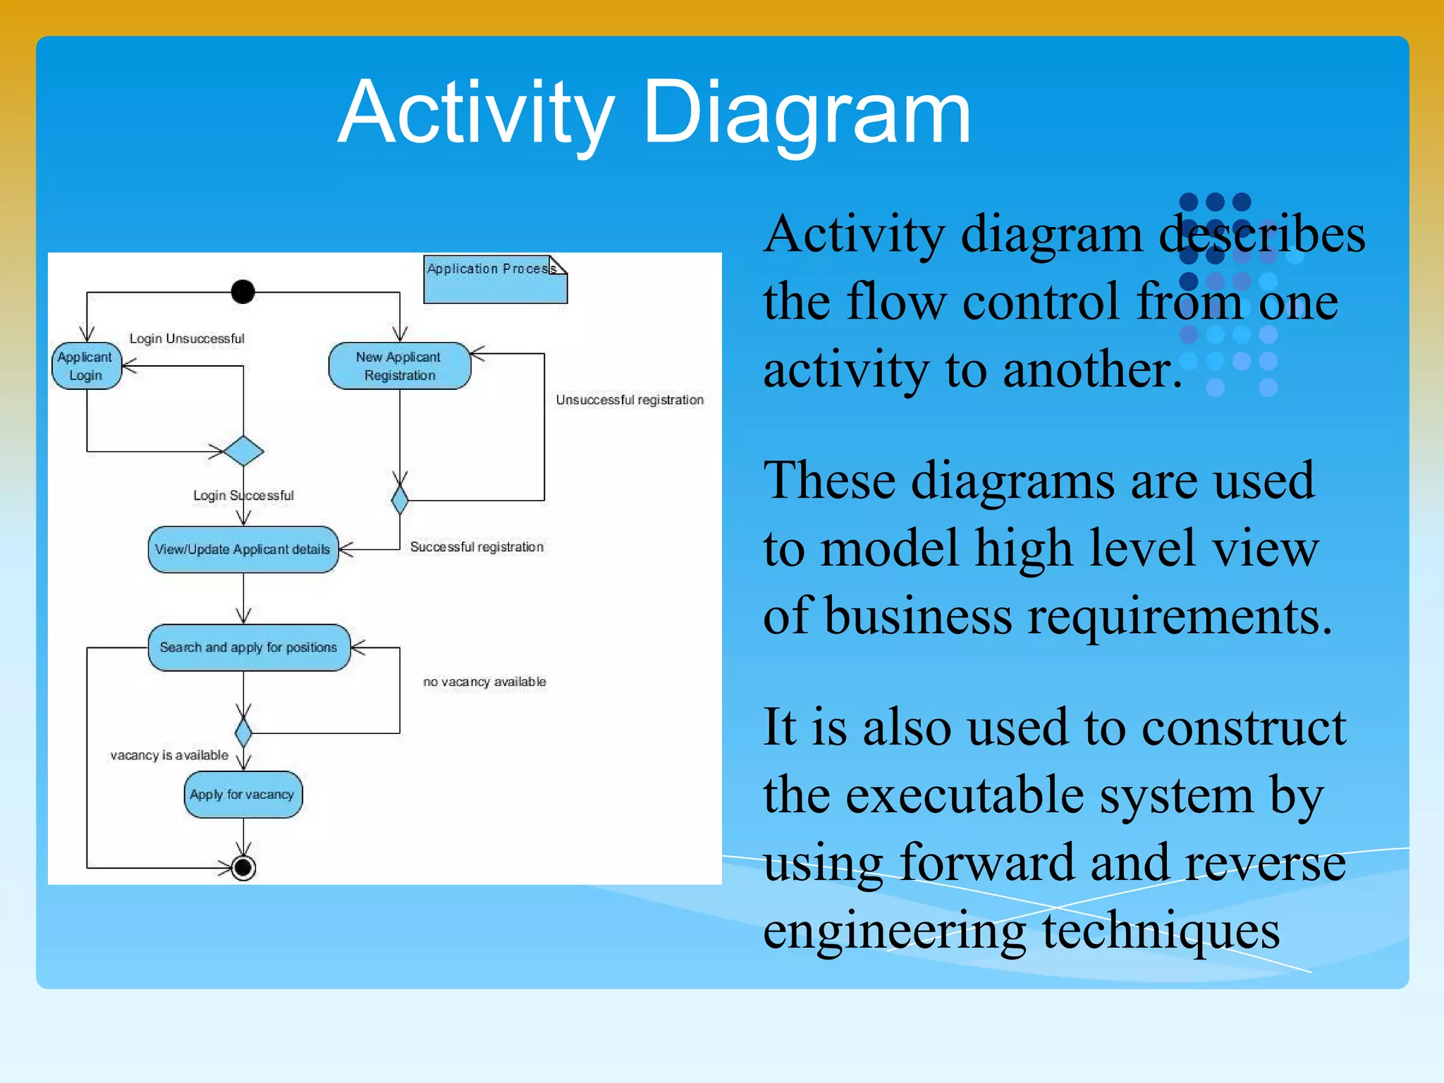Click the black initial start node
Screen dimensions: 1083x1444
click(243, 291)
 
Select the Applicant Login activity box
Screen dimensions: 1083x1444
click(86, 366)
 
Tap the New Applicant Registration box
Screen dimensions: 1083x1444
click(399, 366)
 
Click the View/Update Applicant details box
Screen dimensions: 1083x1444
click(243, 549)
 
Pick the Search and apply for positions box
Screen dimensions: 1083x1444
click(248, 647)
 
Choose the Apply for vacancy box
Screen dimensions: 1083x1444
click(243, 795)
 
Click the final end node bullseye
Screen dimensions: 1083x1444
click(243, 867)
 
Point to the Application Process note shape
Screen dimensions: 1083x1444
click(494, 280)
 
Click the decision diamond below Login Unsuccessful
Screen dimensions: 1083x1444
click(243, 451)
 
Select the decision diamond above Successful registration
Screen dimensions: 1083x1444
click(400, 500)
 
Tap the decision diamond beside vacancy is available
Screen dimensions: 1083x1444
click(243, 733)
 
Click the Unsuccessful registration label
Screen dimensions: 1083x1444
click(629, 400)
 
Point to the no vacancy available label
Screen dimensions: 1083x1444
click(484, 682)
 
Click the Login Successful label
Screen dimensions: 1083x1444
click(243, 496)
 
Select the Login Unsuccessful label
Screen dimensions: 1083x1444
click(187, 338)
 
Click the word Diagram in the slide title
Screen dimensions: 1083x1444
click(807, 113)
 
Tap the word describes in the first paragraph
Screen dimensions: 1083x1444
click(1262, 234)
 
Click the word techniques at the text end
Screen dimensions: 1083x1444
click(1161, 930)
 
